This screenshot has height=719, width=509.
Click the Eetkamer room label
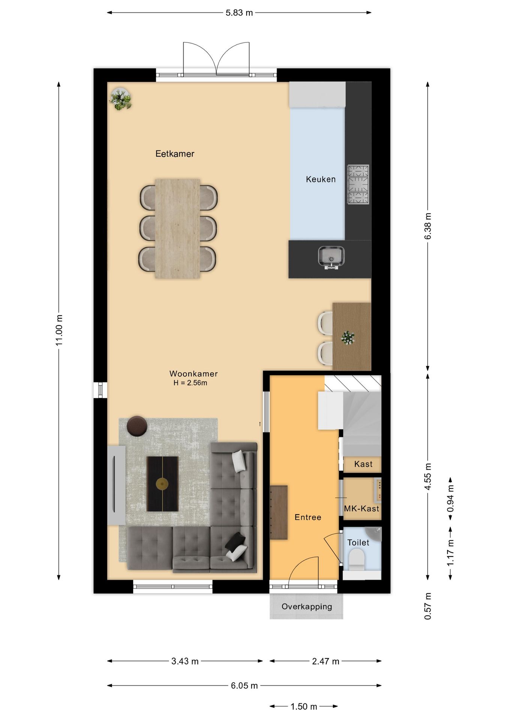tap(175, 154)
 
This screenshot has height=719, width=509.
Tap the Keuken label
tap(320, 179)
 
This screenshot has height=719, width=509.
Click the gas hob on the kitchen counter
tap(358, 185)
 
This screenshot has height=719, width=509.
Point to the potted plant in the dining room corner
tap(120, 99)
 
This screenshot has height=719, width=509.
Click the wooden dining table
tap(177, 228)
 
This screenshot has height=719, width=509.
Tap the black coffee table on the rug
tap(162, 484)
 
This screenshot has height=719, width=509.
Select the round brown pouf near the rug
tap(137, 426)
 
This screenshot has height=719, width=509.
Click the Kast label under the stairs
tap(363, 464)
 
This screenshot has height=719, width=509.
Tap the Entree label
tap(308, 518)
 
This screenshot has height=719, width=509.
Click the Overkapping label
tap(307, 607)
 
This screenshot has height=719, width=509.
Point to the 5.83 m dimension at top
tap(239, 13)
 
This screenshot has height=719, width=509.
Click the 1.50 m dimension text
tap(304, 707)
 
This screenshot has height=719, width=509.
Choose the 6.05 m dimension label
tap(244, 686)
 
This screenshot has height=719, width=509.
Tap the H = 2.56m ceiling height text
tap(190, 383)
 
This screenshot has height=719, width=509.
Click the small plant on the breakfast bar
tap(348, 337)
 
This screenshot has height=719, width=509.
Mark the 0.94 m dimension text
tap(450, 498)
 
